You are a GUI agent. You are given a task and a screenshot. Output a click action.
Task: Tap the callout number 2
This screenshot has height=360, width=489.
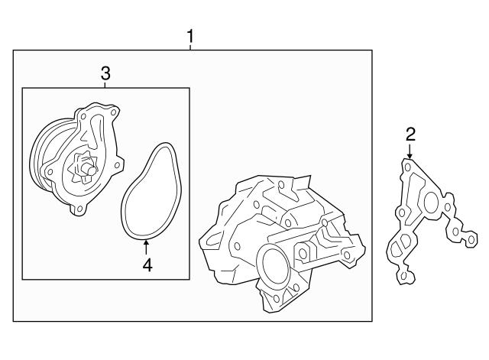[410, 135]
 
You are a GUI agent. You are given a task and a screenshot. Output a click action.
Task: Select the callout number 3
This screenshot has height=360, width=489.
[105, 73]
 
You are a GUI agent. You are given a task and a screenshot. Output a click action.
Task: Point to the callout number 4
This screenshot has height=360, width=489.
[147, 265]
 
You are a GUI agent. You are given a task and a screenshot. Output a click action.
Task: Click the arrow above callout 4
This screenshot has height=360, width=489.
[146, 248]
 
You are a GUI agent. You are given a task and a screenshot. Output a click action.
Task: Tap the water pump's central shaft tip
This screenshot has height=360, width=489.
[91, 171]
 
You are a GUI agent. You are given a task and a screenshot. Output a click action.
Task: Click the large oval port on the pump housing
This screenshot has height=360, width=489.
[274, 266]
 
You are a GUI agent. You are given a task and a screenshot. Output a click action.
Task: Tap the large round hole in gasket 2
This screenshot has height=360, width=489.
[432, 202]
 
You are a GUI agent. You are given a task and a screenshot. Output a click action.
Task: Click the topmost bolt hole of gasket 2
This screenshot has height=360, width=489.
[407, 167]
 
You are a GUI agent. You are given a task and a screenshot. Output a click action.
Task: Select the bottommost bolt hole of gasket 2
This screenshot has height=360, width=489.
[404, 276]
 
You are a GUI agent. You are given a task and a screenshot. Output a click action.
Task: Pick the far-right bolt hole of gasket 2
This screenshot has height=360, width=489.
[471, 239]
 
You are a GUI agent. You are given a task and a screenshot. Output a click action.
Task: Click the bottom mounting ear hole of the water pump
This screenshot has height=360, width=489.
[79, 208]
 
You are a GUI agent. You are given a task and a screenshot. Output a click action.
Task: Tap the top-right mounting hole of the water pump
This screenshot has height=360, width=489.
[114, 112]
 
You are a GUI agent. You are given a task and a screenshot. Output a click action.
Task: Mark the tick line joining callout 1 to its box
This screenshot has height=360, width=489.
[190, 47]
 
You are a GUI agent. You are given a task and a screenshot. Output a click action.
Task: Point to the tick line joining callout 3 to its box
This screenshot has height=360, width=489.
[105, 85]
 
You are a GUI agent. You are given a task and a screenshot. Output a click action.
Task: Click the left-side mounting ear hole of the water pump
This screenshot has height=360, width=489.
[49, 171]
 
